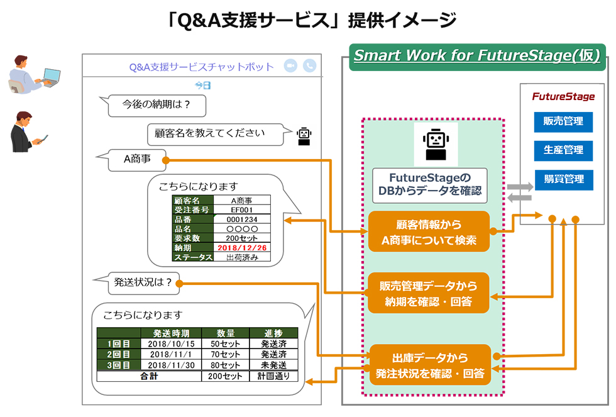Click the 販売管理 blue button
tap(563, 121)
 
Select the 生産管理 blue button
tap(563, 150)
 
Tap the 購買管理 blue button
tap(564, 180)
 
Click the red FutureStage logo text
tap(563, 97)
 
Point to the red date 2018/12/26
tap(242, 248)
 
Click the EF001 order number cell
tap(242, 210)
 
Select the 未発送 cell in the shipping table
tap(274, 365)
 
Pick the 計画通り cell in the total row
tap(274, 376)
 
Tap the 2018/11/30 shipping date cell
tap(171, 365)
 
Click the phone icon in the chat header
tap(309, 66)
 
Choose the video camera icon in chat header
tap(290, 66)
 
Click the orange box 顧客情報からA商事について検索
tap(429, 232)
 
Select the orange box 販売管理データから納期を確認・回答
tap(429, 293)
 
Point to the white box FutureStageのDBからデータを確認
tap(430, 186)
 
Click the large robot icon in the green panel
tap(436, 144)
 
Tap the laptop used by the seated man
tap(51, 77)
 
